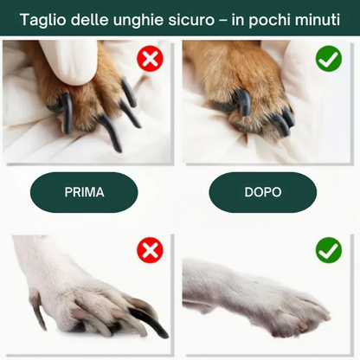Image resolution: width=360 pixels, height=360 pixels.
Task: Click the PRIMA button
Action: click(84, 192)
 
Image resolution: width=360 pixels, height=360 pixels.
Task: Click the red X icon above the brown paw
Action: click(150, 59)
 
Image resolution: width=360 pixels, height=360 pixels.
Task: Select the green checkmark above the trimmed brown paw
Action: click(328, 59)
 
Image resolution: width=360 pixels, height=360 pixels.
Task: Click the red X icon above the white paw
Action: click(150, 251)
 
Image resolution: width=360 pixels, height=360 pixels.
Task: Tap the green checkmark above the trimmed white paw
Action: click(328, 251)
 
